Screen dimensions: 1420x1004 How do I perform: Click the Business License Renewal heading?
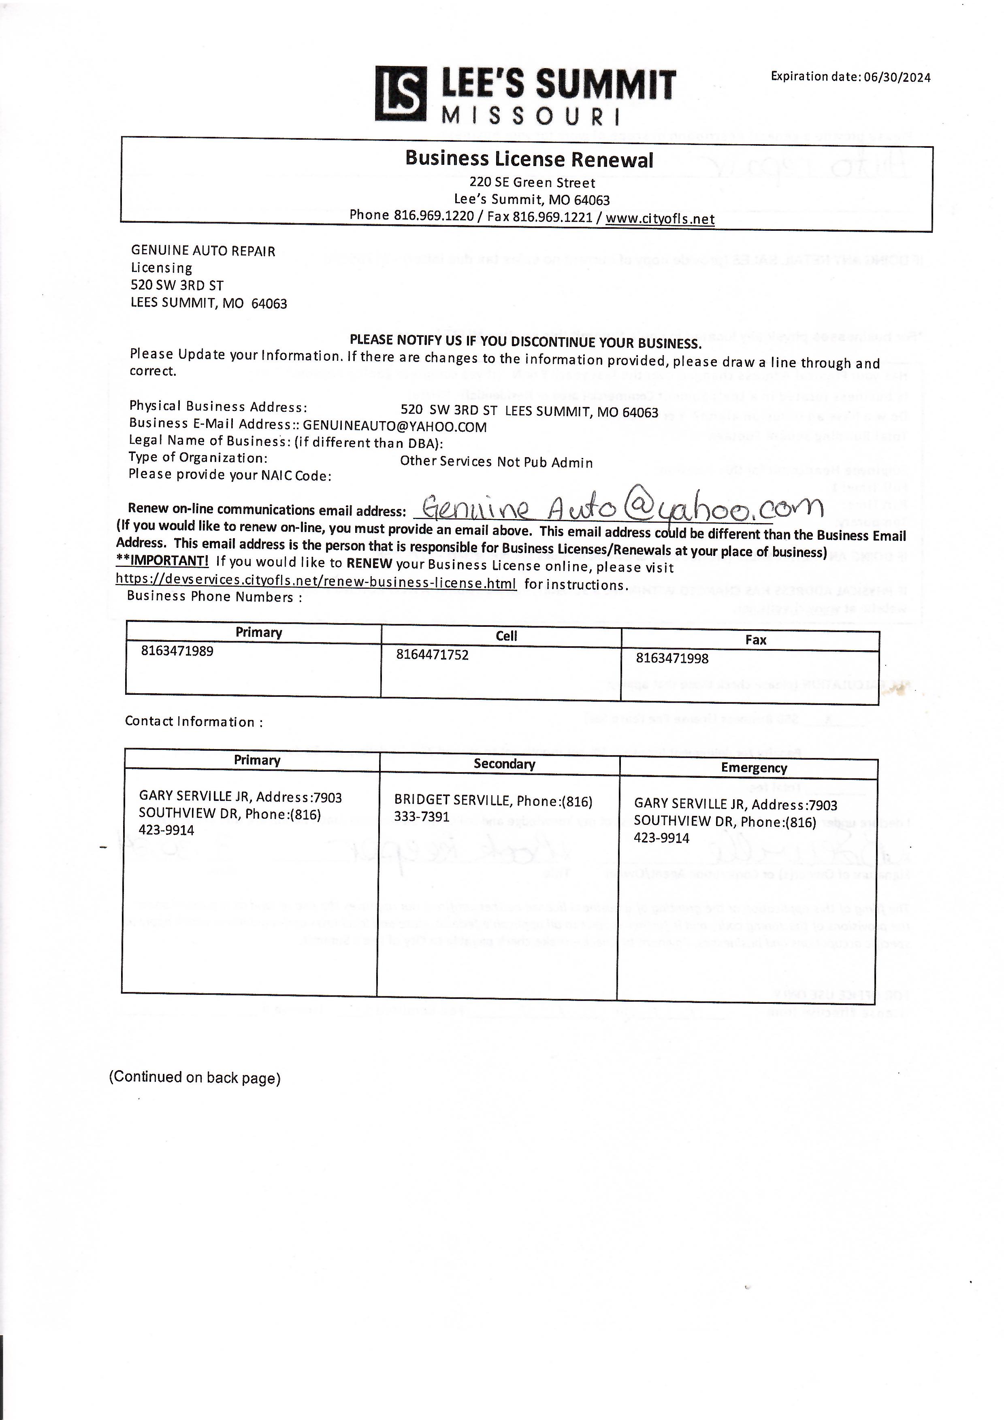point(529,160)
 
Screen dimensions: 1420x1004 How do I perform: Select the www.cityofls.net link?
point(660,219)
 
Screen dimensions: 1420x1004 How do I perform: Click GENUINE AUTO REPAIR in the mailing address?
point(203,251)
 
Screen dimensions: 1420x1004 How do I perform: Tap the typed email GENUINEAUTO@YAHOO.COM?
point(394,427)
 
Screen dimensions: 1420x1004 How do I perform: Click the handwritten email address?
point(618,509)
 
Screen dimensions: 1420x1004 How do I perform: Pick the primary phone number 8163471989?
point(177,651)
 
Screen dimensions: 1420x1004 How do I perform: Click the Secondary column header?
point(504,764)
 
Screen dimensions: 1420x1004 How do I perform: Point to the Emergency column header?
point(753,768)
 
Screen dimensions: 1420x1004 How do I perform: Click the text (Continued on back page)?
point(195,1077)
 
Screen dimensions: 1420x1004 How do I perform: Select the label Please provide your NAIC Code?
point(230,475)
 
